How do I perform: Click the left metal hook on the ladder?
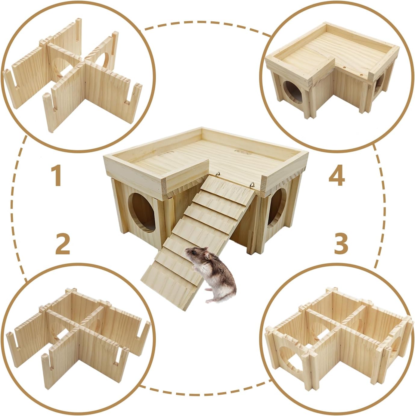pyautogui.click(x=218, y=174)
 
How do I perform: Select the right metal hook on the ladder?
pyautogui.click(x=252, y=185)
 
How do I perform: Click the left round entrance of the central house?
pyautogui.click(x=141, y=213)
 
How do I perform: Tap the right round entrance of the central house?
pyautogui.click(x=277, y=208)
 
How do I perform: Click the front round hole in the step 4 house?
pyautogui.click(x=293, y=93)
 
